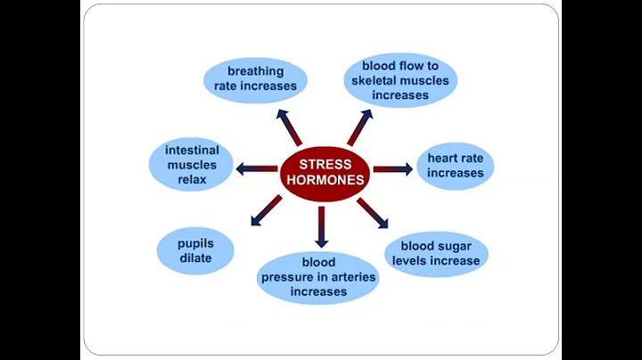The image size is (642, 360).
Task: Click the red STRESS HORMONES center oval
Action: point(325,171)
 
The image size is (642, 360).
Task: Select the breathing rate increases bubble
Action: point(255,79)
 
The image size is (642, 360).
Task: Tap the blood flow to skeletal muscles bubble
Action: point(399,79)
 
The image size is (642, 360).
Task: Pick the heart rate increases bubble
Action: point(455,166)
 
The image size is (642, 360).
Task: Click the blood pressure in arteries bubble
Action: point(318,277)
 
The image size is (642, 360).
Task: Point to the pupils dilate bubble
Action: point(195,250)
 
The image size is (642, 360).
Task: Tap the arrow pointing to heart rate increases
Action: point(392,168)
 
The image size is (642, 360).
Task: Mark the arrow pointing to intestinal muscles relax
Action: point(257,168)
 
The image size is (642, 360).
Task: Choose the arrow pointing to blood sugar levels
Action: point(372,213)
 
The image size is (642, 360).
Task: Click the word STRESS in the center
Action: point(325,163)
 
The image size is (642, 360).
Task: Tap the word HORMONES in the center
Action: point(325,179)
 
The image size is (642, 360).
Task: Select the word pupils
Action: point(195,242)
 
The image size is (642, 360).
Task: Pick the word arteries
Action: point(351,277)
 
